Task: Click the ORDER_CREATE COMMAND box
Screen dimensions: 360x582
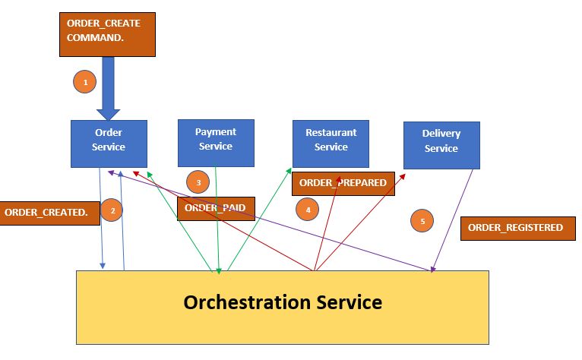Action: [x=107, y=35]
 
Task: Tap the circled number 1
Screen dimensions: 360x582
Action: [x=85, y=81]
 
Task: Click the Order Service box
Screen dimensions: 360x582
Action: [x=109, y=143]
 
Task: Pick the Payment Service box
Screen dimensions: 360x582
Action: [x=216, y=142]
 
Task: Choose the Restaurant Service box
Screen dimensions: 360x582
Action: [x=331, y=142]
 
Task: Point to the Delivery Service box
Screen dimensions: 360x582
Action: [x=441, y=144]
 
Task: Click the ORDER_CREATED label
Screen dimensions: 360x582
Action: [x=46, y=212]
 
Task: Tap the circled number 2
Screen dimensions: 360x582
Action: [x=112, y=212]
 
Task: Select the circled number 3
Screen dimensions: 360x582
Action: [x=198, y=182]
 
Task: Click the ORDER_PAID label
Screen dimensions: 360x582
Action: [x=216, y=209]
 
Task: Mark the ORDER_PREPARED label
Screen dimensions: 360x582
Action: [x=343, y=183]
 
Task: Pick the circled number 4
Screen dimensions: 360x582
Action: [x=308, y=209]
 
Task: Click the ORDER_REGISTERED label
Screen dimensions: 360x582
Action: [x=515, y=228]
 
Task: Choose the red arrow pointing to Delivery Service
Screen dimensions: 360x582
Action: [x=361, y=220]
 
